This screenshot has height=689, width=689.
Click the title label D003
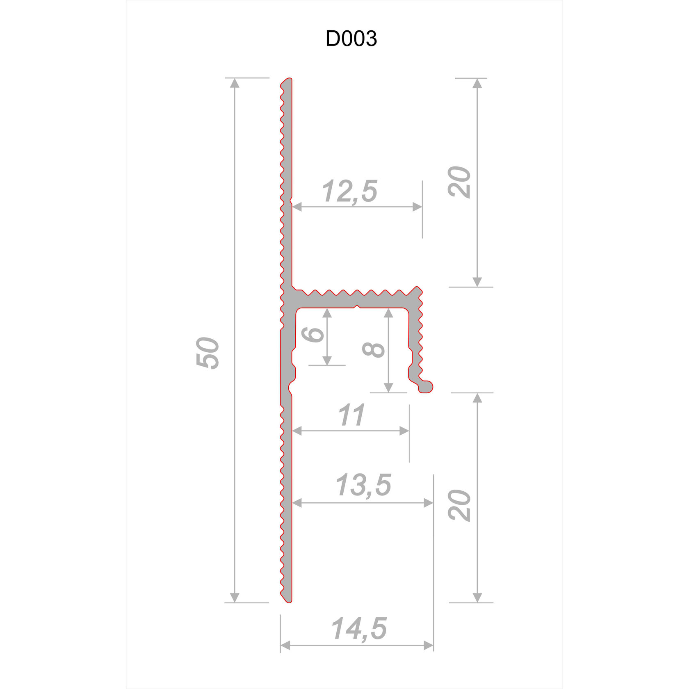click(351, 39)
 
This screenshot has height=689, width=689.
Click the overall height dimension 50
click(208, 353)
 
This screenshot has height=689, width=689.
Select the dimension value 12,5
click(350, 191)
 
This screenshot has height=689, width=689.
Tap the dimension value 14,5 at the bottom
click(359, 628)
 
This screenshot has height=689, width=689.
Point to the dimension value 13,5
click(364, 485)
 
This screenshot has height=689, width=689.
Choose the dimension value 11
click(351, 415)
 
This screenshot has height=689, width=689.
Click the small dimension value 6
click(313, 334)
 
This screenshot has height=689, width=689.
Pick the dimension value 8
click(374, 349)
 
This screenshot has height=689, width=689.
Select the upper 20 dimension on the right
click(459, 182)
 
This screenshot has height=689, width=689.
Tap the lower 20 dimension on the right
click(459, 505)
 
